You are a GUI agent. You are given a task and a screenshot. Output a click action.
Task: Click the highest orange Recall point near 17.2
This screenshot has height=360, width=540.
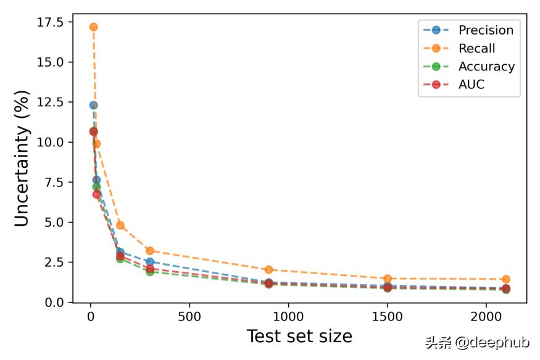93,27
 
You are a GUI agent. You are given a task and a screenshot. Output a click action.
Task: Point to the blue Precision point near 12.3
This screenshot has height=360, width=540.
93,105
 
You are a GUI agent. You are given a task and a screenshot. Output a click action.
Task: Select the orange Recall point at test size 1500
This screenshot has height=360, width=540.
388,278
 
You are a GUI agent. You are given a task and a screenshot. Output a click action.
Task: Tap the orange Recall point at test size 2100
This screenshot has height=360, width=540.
506,279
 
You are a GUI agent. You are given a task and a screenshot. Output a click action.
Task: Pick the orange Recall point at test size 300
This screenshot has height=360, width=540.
150,251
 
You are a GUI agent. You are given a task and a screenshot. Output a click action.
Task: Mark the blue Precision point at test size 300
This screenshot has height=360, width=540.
150,262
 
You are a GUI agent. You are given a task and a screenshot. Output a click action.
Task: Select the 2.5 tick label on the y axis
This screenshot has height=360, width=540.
53,262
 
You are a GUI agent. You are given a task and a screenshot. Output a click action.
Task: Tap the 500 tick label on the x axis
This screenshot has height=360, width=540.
189,317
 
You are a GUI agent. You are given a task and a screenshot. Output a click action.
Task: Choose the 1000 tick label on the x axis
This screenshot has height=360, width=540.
288,317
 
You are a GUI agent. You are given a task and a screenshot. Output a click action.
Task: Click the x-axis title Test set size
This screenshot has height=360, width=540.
299,337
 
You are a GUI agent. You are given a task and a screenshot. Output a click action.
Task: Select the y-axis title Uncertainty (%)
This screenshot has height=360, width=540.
22,158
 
